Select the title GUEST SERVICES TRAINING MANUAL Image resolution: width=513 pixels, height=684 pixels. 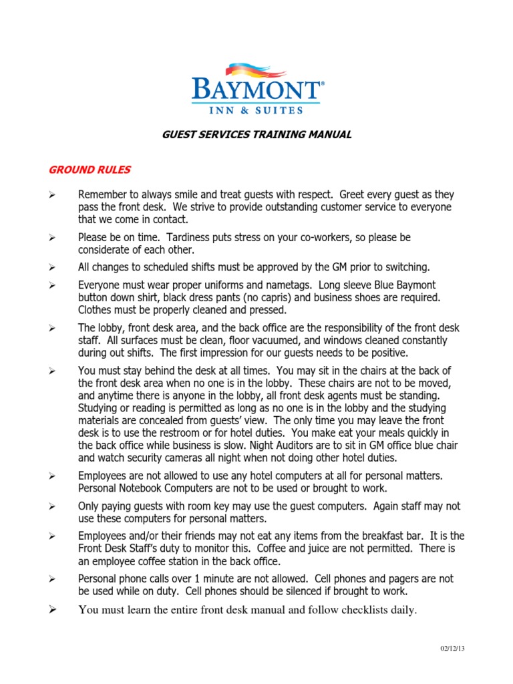coord(257,135)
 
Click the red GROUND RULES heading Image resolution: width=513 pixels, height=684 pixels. coord(90,170)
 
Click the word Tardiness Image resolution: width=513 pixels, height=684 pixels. coord(190,237)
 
